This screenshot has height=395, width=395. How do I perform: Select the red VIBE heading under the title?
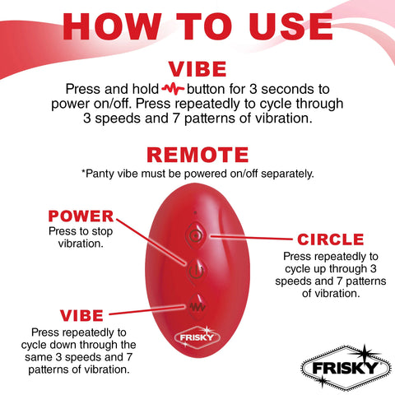(197, 67)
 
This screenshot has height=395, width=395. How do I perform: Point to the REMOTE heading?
(197, 155)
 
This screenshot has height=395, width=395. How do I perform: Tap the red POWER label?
(80, 216)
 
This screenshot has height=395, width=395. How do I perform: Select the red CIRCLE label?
(330, 239)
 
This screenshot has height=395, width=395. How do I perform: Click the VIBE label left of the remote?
(81, 314)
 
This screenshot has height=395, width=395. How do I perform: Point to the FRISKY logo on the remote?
(195, 337)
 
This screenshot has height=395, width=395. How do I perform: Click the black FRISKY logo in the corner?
(343, 365)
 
